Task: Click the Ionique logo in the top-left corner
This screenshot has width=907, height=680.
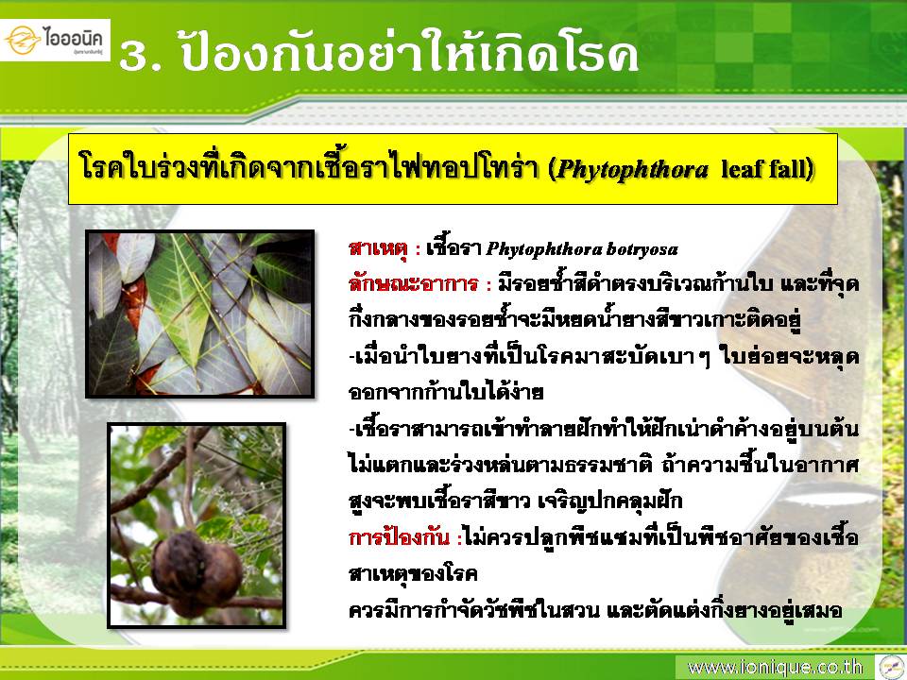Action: (x=55, y=40)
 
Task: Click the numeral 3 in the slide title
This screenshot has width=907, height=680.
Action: (x=133, y=57)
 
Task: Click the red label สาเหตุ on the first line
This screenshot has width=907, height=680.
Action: (x=380, y=249)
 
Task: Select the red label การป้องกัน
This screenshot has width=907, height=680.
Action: (x=399, y=537)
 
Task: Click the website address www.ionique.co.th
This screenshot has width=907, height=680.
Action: (x=775, y=668)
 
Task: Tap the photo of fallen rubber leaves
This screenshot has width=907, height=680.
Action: (x=200, y=314)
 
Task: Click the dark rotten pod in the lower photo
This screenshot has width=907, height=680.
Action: (x=196, y=573)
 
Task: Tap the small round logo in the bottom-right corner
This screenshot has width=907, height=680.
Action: (x=890, y=666)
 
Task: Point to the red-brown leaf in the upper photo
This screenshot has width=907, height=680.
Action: (x=135, y=300)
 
